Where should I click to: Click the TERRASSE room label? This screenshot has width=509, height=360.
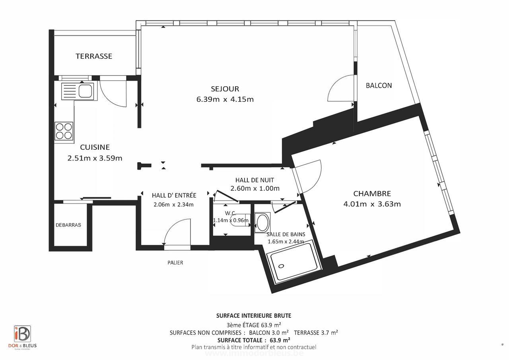94,56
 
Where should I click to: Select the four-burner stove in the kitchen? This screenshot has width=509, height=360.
64,131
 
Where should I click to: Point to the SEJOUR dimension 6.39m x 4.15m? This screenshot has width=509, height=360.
225,99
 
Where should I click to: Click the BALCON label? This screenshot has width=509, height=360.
379,85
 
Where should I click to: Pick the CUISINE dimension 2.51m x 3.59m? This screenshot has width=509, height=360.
95,158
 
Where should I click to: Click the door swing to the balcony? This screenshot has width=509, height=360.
341,89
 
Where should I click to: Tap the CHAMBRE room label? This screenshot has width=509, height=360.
372,194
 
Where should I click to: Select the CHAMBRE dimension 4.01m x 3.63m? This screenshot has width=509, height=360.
372,204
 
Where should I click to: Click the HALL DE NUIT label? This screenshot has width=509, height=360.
254,180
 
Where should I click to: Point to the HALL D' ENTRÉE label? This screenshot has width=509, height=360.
174,195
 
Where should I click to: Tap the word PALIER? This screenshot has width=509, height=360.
175,263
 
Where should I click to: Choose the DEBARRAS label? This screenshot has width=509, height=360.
68,225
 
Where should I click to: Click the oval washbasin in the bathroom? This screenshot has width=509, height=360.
262,223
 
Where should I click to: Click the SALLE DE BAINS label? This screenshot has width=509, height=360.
286,234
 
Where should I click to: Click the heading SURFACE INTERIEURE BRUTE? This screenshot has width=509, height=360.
254,316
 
